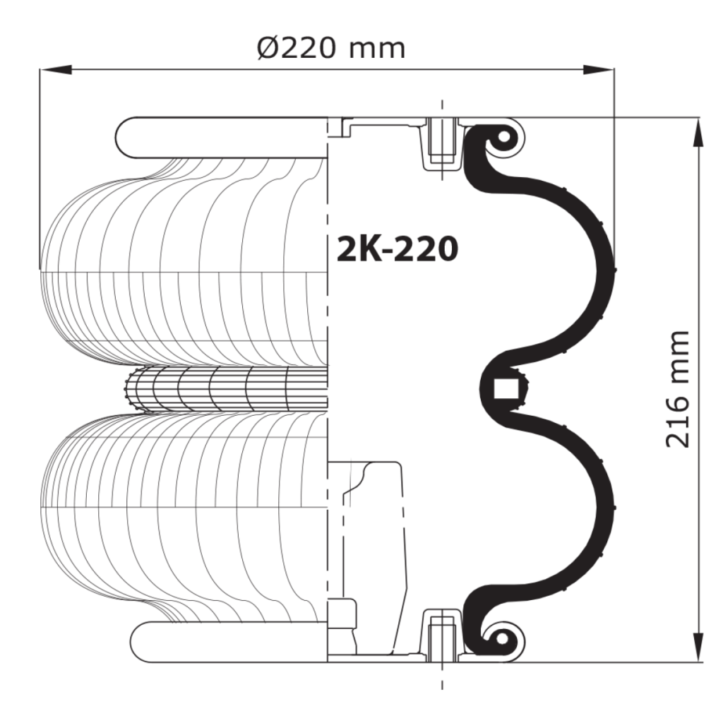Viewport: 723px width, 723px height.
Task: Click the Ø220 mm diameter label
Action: (331, 48)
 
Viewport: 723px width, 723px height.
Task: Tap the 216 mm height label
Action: (677, 389)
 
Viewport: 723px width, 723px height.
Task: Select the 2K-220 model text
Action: (398, 249)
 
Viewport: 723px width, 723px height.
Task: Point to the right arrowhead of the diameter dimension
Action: (598, 70)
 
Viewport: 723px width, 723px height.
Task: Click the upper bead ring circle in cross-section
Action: (504, 136)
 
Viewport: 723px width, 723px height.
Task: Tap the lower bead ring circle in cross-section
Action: (501, 638)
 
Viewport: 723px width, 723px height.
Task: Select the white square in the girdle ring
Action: (505, 388)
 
